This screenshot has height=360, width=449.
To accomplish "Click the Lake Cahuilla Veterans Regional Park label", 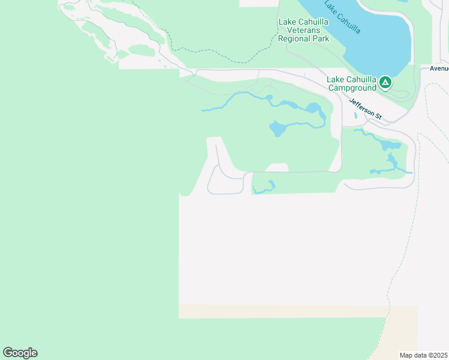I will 304,30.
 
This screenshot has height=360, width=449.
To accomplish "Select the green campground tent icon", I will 385,83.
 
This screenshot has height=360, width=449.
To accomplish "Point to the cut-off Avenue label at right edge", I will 439,68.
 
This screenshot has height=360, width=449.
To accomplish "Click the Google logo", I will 20,353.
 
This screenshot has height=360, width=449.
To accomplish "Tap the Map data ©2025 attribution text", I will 423,355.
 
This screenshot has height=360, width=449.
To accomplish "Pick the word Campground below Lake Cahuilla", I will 352,88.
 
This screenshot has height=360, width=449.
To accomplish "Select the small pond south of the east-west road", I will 264,188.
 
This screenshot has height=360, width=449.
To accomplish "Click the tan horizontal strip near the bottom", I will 282,312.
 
